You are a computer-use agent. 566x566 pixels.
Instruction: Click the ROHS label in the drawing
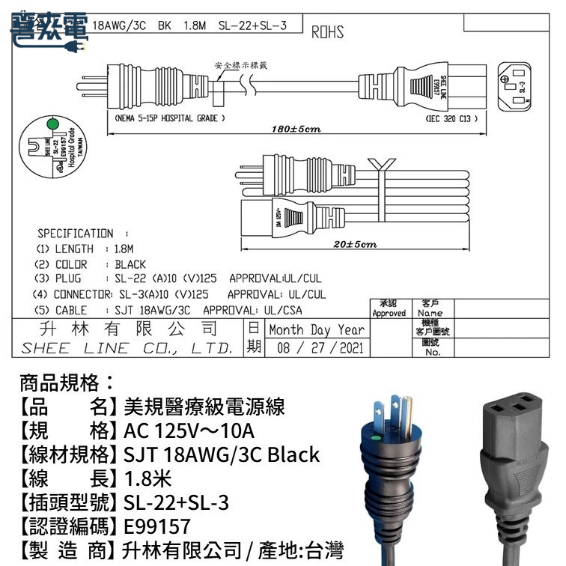tap(327, 33)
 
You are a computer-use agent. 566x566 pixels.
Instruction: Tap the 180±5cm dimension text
tap(296, 130)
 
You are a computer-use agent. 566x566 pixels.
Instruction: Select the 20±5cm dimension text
tap(354, 244)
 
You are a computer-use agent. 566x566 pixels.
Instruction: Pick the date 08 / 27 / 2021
tap(320, 347)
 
